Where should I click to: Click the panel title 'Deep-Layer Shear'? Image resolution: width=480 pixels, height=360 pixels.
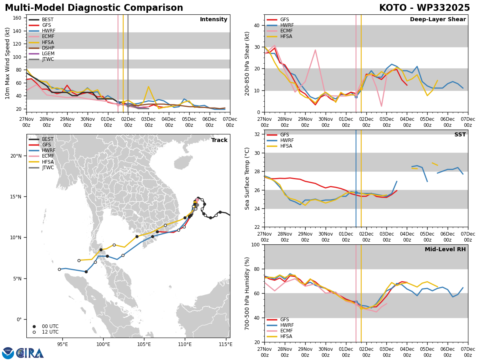[x=438, y=20]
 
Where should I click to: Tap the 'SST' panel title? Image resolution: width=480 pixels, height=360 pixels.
[x=460, y=134]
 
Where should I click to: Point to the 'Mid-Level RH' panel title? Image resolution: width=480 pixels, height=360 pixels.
[x=445, y=249]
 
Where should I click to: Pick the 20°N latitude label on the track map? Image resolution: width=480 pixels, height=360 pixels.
[x=16, y=156]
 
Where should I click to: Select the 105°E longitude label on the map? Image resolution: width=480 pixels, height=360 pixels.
[x=144, y=345]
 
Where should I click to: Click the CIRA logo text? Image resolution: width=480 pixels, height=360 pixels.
[x=30, y=354]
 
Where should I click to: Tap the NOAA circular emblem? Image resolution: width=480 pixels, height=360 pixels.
[x=8, y=353]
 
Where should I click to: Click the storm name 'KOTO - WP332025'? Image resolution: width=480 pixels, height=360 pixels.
[x=424, y=8]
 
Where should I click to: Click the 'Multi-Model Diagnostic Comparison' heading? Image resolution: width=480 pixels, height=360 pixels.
[x=94, y=8]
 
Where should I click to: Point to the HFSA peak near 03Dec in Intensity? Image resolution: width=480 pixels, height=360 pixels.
[x=148, y=86]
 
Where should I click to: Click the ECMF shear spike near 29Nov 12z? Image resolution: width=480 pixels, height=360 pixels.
[x=315, y=50]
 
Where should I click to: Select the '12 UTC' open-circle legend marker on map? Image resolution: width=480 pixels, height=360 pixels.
[x=34, y=332]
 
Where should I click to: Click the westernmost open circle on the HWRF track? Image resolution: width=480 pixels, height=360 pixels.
[x=59, y=270]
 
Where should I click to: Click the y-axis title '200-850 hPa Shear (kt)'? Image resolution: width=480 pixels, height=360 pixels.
[x=247, y=64]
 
